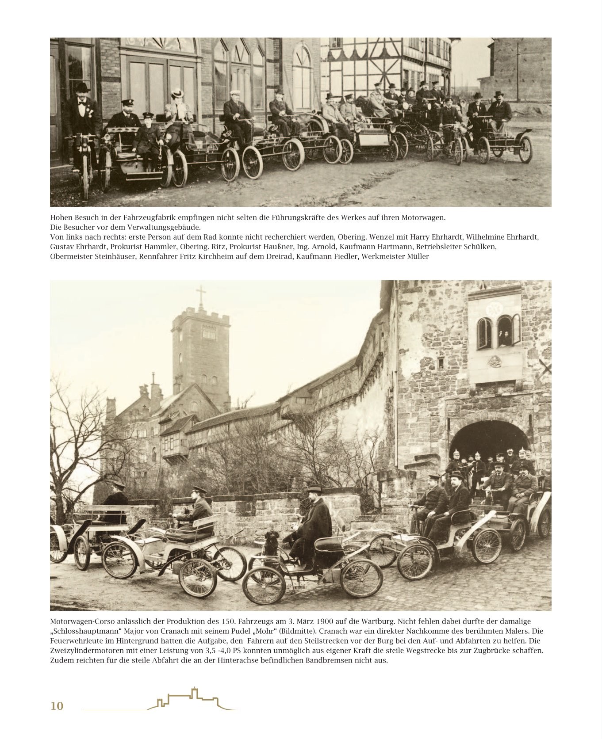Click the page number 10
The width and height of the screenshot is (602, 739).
tap(57, 706)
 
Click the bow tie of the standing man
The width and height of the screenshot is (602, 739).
tap(82, 101)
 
